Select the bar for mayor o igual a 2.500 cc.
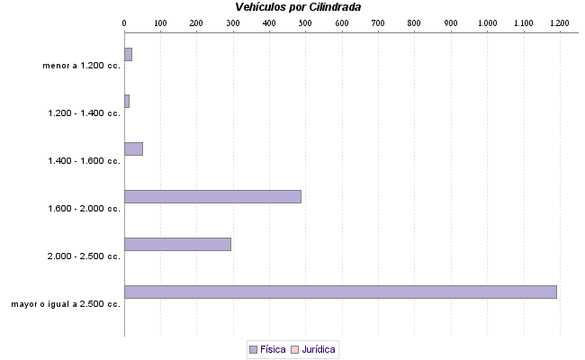340,292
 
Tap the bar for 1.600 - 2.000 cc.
212,196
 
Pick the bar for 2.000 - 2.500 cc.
177,244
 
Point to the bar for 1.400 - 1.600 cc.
133,148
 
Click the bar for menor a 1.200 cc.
128,55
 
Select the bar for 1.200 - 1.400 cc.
127,101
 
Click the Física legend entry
266,349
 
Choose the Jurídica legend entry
313,349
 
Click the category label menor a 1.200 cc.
81,66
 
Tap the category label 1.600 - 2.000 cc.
84,209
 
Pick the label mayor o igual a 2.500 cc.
66,304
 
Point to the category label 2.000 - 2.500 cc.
84,256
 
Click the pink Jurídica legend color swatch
293,349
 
